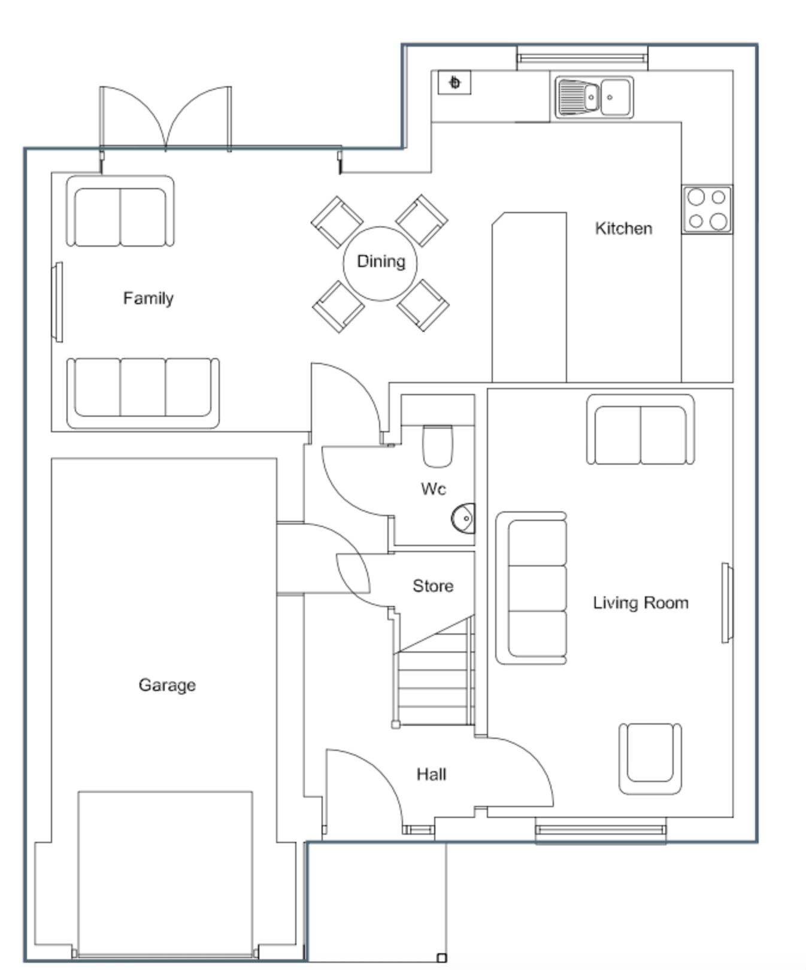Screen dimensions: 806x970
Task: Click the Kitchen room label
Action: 623,228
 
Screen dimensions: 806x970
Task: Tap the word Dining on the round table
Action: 381,262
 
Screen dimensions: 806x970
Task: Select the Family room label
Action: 149,298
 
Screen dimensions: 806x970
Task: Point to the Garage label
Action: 167,685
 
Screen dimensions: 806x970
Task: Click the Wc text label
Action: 434,489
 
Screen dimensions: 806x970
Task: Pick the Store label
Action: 433,586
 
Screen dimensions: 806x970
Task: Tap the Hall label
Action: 431,774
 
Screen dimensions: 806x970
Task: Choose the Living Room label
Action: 641,603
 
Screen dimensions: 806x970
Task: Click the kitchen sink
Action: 594,97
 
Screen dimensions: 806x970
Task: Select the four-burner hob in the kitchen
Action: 707,209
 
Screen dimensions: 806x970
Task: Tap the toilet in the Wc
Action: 438,446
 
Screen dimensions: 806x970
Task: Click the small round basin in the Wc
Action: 463,519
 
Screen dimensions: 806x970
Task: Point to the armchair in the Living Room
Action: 650,759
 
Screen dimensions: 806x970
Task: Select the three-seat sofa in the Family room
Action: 143,393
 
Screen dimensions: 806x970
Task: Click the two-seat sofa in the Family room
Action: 120,211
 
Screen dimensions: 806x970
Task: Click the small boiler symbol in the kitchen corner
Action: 454,83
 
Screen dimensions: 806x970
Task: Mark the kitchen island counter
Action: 529,297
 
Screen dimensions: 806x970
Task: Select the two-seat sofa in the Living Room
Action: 641,429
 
